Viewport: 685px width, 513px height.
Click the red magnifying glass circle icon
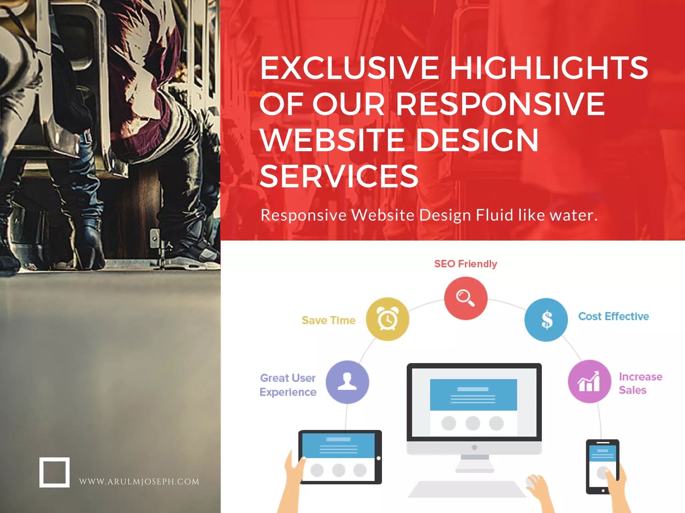click(x=466, y=298)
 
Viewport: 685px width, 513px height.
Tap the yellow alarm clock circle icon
click(x=387, y=319)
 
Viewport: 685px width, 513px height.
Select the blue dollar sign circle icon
click(x=546, y=319)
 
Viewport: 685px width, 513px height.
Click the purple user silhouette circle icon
click(x=347, y=382)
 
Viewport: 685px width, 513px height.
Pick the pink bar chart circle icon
click(x=589, y=381)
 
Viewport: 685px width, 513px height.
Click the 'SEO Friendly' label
click(x=466, y=264)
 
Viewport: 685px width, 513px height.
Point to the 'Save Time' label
click(x=328, y=320)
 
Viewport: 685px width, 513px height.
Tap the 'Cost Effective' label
click(x=613, y=316)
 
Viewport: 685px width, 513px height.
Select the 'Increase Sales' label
click(x=640, y=383)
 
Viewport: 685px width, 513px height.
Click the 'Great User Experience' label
click(x=288, y=385)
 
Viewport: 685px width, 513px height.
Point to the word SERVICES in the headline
click(x=339, y=176)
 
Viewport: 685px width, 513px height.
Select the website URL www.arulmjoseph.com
click(x=139, y=482)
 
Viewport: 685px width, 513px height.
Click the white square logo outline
click(x=55, y=472)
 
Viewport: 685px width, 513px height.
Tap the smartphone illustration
click(x=602, y=467)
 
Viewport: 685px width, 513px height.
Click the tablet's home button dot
click(x=379, y=458)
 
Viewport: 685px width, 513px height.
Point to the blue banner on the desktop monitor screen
click(x=473, y=395)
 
